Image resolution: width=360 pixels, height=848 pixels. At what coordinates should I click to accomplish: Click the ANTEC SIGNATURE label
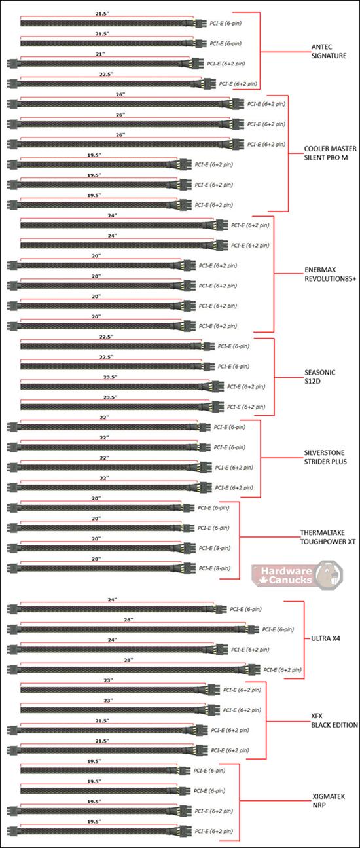click(x=329, y=52)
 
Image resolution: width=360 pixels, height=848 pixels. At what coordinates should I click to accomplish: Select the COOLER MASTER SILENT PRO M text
click(x=330, y=153)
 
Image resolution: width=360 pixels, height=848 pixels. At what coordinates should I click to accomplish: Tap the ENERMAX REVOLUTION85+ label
click(x=330, y=275)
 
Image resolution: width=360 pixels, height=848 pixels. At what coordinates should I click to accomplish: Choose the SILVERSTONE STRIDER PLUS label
click(x=325, y=457)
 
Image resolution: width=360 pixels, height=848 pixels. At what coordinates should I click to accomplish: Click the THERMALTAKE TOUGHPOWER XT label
click(x=328, y=537)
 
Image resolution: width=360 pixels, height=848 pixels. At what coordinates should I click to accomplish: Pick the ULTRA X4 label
click(x=325, y=638)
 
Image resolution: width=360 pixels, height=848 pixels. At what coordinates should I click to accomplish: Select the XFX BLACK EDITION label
click(x=334, y=720)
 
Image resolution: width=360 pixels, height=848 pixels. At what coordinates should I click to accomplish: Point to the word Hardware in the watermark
click(x=287, y=570)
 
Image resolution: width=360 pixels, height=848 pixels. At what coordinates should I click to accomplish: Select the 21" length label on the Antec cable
click(x=100, y=54)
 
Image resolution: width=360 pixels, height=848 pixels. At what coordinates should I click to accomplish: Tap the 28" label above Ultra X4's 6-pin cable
click(x=128, y=619)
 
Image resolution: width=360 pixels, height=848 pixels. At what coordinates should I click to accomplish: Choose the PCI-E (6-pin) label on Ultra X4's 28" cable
click(x=278, y=629)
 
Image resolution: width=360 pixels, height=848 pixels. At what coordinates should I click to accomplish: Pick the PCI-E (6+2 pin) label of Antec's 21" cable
click(x=226, y=64)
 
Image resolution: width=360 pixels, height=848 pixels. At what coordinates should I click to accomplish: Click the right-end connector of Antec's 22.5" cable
click(x=206, y=83)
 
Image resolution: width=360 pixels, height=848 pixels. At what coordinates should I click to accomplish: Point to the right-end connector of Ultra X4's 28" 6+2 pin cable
click(x=251, y=669)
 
